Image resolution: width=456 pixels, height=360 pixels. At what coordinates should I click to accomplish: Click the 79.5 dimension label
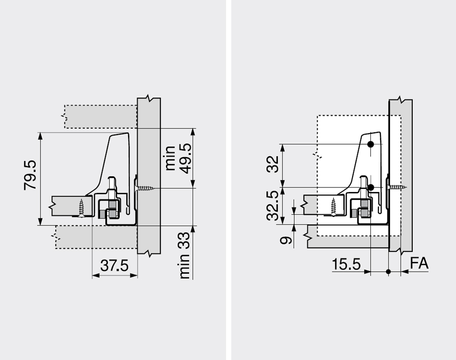pos(30,175)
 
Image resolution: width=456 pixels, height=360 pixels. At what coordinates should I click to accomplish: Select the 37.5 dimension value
pos(114,266)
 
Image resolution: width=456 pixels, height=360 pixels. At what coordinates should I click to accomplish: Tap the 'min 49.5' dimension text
pos(178,158)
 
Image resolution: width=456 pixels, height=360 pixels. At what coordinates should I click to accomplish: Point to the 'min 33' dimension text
pos(184,255)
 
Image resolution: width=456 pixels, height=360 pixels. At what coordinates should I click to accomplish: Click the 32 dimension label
pos(273,164)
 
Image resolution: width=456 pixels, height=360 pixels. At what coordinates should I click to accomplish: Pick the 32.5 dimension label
pos(273,206)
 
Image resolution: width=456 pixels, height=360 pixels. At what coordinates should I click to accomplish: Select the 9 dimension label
pos(286,240)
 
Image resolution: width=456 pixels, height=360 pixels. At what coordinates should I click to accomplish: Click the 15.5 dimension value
pos(346,264)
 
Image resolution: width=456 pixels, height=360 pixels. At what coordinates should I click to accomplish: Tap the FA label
pos(419,263)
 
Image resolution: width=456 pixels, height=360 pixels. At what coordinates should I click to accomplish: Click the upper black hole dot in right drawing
pos(370,144)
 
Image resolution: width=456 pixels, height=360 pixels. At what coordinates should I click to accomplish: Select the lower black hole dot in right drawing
pos(371,187)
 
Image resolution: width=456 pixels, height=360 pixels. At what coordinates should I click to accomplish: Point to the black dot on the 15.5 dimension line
pos(388,272)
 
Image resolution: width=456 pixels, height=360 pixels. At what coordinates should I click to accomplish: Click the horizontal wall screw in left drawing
pos(146,188)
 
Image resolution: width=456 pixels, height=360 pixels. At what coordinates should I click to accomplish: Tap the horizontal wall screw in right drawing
pos(398,187)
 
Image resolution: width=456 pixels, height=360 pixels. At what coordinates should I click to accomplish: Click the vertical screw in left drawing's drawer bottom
pos(81,208)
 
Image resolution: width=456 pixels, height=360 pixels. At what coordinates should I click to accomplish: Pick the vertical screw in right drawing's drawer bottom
pos(333,207)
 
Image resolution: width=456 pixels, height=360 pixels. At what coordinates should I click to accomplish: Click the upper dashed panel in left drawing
pos(100,116)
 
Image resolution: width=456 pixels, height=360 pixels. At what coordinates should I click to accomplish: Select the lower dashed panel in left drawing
pos(96,237)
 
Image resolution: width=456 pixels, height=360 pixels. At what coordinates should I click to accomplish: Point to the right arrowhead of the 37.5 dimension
pos(134,275)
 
